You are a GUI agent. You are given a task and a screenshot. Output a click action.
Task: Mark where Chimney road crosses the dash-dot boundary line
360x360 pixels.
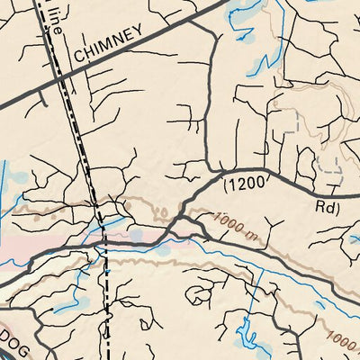61,81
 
